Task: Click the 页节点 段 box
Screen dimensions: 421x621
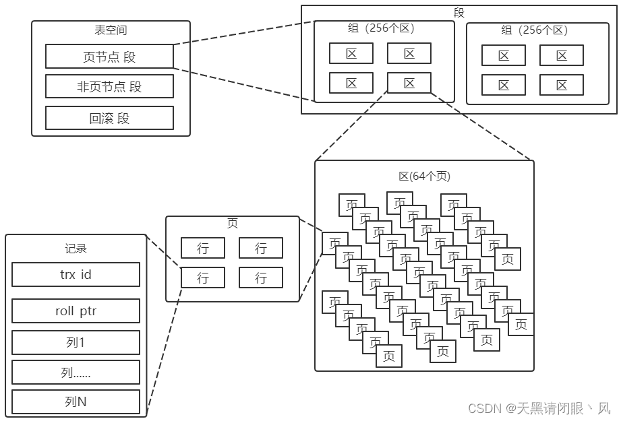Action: click(x=109, y=57)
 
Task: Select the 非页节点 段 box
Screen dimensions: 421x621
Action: click(x=109, y=86)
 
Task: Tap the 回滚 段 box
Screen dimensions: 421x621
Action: click(x=109, y=118)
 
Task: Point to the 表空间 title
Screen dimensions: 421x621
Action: click(x=111, y=30)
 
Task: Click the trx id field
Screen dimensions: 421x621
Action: click(x=76, y=274)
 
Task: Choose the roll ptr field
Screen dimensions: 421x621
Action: click(x=76, y=311)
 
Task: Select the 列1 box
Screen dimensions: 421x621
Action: click(x=76, y=342)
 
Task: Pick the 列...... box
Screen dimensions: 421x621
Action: click(x=76, y=372)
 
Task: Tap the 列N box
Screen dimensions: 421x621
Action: click(x=76, y=401)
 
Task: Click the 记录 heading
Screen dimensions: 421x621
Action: click(x=76, y=248)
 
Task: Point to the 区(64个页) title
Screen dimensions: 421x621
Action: click(x=424, y=176)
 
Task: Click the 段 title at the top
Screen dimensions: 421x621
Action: click(x=459, y=12)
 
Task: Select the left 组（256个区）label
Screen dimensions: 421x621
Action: click(x=381, y=28)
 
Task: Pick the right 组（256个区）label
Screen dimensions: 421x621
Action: click(x=535, y=30)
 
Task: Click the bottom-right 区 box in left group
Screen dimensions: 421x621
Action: click(x=409, y=83)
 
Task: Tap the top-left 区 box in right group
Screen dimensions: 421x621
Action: click(x=504, y=55)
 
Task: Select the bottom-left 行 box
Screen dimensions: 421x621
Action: click(x=203, y=277)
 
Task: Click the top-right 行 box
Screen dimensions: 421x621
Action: click(x=261, y=248)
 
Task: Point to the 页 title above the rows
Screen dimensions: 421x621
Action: click(x=232, y=224)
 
